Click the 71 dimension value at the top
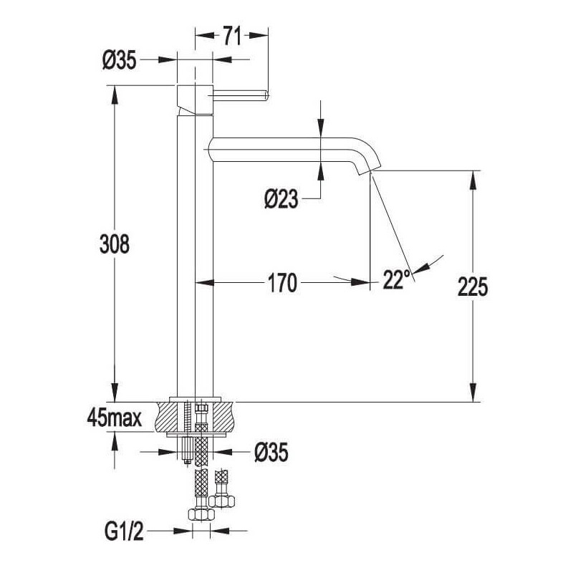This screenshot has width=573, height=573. pyautogui.click(x=232, y=37)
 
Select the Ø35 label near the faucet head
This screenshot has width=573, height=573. pyautogui.click(x=120, y=60)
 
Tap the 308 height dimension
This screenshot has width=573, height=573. pyautogui.click(x=115, y=244)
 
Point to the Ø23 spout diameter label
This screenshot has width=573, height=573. pyautogui.click(x=281, y=200)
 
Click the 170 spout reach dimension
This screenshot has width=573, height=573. pyautogui.click(x=282, y=283)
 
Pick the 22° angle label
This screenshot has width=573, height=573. pyautogui.click(x=396, y=279)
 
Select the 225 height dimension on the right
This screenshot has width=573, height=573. pyautogui.click(x=473, y=286)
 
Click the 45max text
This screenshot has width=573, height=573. pyautogui.click(x=115, y=418)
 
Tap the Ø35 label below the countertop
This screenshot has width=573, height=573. pyautogui.click(x=271, y=453)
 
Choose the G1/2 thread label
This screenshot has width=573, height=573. pyautogui.click(x=124, y=532)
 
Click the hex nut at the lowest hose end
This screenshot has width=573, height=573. pyautogui.click(x=202, y=514)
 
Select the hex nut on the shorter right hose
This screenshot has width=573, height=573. pyautogui.click(x=223, y=501)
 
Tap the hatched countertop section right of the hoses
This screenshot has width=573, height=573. pyautogui.click(x=221, y=417)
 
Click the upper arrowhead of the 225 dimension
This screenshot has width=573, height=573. pyautogui.click(x=473, y=180)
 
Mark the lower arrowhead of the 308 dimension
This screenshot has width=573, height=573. pyautogui.click(x=115, y=393)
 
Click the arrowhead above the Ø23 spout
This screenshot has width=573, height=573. pyautogui.click(x=320, y=129)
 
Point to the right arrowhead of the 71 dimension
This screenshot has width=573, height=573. pyautogui.click(x=259, y=35)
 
